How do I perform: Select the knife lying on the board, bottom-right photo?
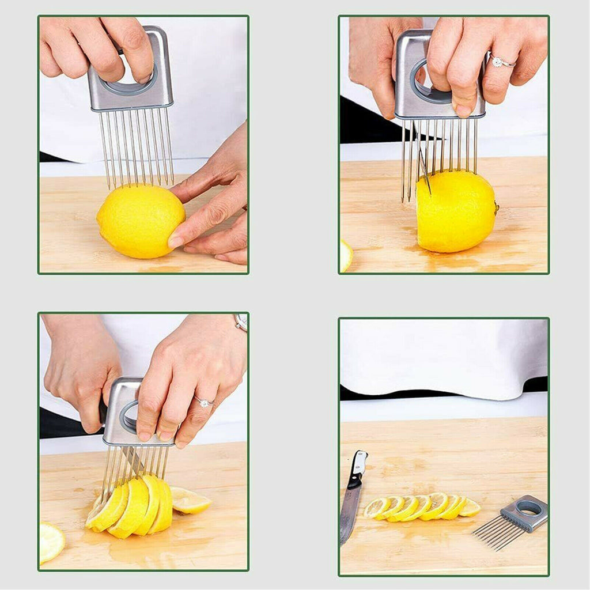click(x=351, y=498)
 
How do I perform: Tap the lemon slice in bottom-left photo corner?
click(x=51, y=542)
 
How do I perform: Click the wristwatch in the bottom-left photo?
click(x=241, y=322)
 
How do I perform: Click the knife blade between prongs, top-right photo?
click(x=423, y=164)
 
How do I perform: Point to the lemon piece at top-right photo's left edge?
click(x=345, y=255)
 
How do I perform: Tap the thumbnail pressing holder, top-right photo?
click(x=463, y=108)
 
